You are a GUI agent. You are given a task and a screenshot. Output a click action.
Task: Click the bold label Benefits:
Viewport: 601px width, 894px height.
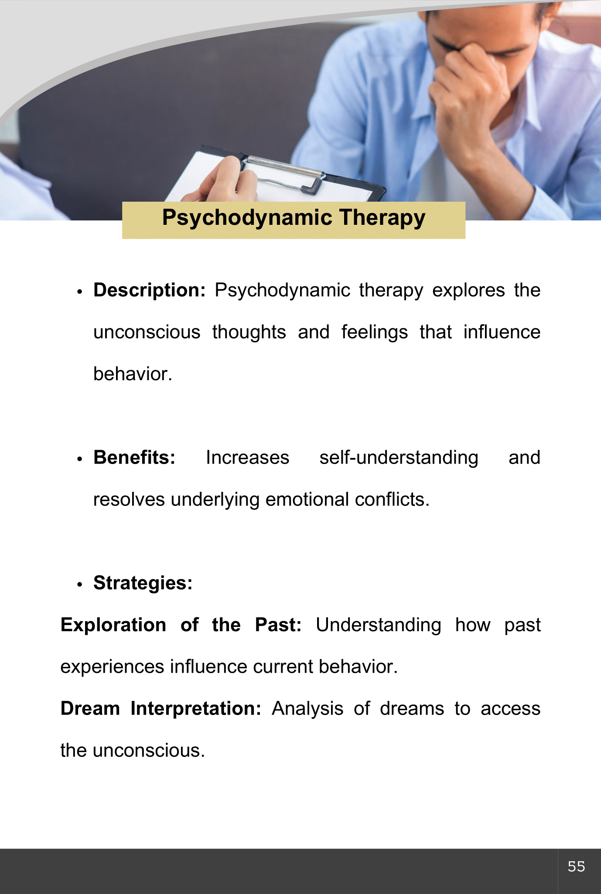[x=134, y=457]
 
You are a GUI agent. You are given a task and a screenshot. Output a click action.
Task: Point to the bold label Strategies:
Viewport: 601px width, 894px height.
[x=143, y=583]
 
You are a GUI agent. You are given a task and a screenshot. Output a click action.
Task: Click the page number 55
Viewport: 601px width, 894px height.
[x=576, y=866]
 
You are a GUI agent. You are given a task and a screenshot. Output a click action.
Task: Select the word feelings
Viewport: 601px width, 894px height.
[x=375, y=333]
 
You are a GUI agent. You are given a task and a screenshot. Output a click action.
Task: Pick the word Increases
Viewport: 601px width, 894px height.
[x=248, y=457]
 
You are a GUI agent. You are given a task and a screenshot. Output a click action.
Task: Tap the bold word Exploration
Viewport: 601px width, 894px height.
[x=113, y=626]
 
